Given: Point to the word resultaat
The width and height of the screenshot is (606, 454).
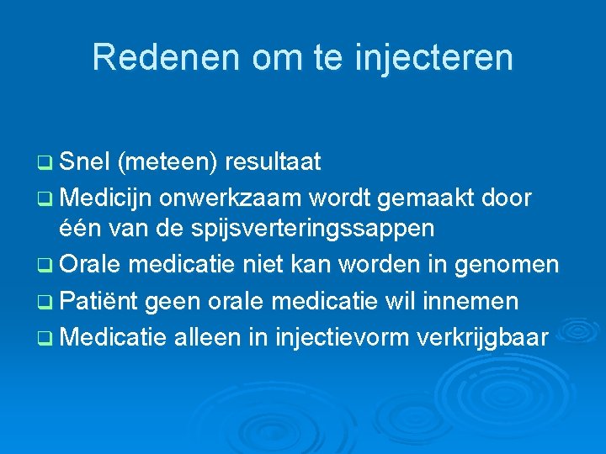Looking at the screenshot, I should point(273,162).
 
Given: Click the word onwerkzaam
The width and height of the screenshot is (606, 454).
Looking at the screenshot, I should point(231,198).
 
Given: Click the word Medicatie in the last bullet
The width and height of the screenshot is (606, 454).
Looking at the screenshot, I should point(114,337).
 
